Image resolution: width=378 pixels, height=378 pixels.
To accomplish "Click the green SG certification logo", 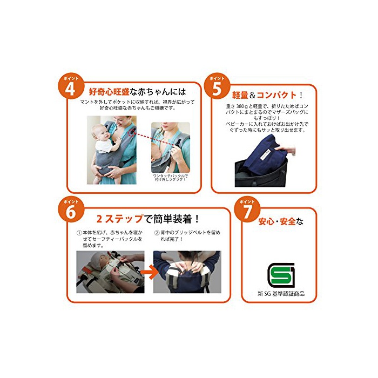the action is (x=281, y=275).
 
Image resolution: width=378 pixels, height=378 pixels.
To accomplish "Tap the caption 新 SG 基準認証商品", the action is (x=281, y=294).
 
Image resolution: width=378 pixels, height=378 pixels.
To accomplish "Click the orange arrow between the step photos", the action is (x=148, y=272).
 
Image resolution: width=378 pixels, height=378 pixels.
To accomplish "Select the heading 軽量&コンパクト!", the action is (x=267, y=95).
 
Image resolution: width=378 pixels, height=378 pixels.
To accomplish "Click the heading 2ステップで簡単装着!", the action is (x=147, y=219).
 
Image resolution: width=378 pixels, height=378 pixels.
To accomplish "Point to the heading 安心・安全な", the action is (x=281, y=221).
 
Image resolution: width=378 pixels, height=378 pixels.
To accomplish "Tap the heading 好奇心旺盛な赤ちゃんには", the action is (x=137, y=92).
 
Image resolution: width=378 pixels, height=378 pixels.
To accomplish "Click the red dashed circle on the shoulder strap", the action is (x=132, y=132).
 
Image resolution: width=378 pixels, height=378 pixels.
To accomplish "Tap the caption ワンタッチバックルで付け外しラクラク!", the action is (x=171, y=178).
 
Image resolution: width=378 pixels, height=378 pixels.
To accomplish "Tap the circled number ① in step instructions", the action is (x=79, y=233).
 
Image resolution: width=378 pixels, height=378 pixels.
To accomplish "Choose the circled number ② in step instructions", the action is (x=157, y=233).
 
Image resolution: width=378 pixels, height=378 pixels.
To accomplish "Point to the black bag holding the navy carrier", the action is (x=261, y=173).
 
